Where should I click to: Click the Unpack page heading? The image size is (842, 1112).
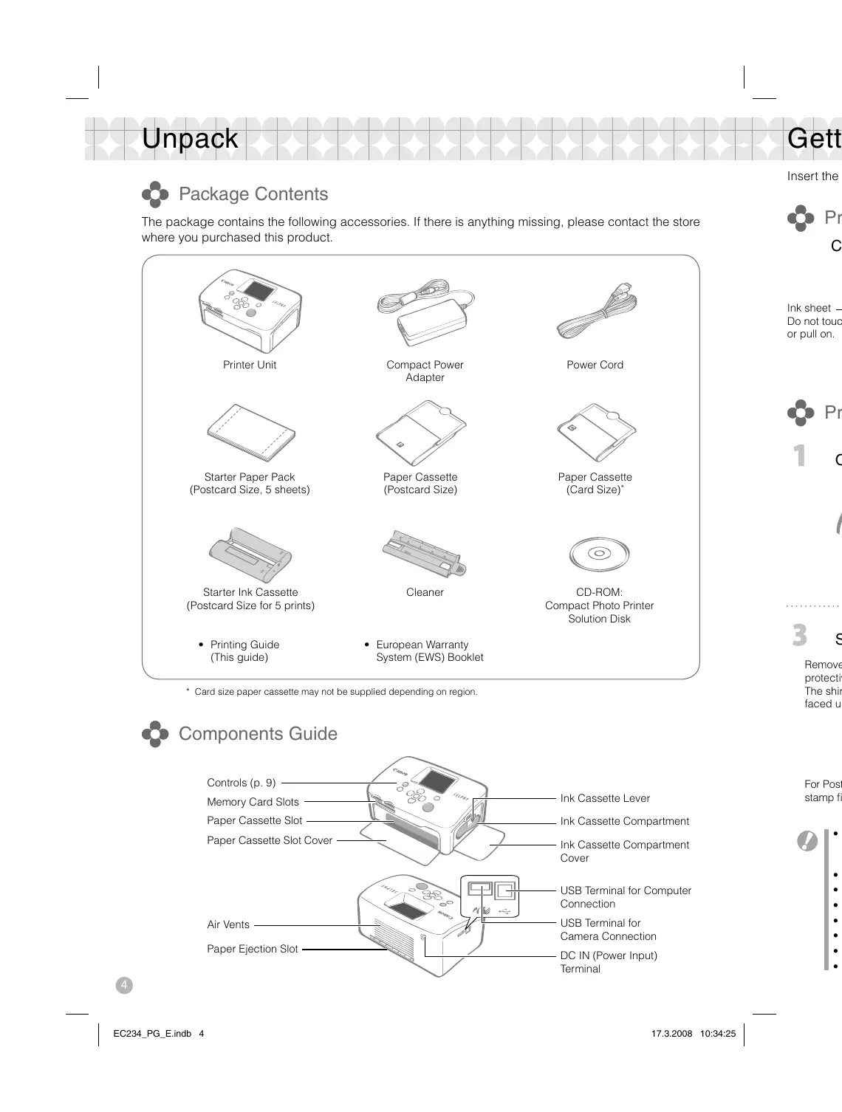(x=190, y=139)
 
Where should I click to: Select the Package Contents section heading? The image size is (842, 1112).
(x=253, y=194)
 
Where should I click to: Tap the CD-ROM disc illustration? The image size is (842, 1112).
(x=599, y=553)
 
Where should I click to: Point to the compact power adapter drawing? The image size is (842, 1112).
(x=425, y=312)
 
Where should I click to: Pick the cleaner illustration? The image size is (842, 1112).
(x=425, y=555)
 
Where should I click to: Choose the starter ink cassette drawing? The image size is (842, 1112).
(x=250, y=555)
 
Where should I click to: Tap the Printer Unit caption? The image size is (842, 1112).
(x=250, y=365)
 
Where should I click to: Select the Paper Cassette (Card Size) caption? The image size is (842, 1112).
(x=595, y=484)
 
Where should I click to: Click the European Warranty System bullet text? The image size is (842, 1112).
(x=429, y=651)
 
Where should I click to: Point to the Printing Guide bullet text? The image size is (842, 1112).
(x=244, y=651)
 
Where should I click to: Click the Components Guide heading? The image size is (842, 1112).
(x=258, y=734)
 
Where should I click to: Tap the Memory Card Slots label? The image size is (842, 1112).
(x=253, y=802)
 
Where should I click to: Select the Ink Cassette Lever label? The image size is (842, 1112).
(x=605, y=798)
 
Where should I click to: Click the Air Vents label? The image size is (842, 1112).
(x=228, y=924)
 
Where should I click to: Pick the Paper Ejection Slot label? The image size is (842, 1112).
(x=252, y=949)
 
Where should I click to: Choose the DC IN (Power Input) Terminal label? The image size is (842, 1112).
(x=608, y=962)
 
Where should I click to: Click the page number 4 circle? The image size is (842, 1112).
(x=124, y=985)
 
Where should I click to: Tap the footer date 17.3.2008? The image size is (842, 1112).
(x=671, y=1034)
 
